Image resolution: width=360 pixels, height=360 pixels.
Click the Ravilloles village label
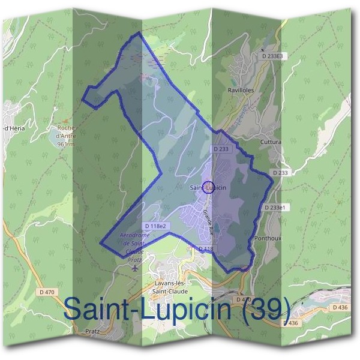241,91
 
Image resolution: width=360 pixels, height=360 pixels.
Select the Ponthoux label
267,238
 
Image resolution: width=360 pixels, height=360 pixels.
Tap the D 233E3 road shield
275,56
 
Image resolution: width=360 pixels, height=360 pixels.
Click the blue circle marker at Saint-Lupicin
208,187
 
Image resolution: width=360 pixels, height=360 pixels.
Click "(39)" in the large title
264,310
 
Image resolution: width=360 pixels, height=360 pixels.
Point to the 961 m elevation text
65,145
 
